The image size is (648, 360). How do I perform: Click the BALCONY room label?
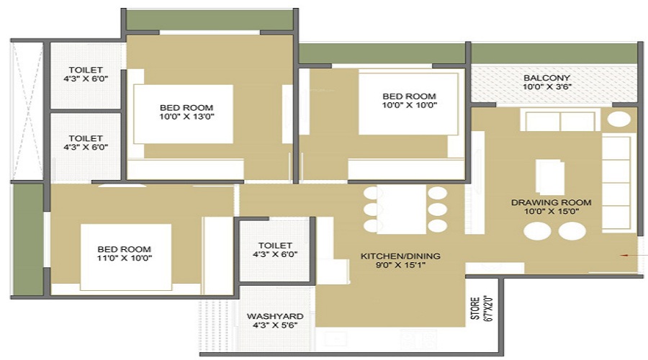(546, 78)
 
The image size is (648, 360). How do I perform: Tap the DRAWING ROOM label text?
(551, 202)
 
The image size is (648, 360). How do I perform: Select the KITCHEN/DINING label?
(400, 256)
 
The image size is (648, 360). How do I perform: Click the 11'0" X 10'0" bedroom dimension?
(125, 258)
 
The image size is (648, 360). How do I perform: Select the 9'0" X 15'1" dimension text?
(400, 266)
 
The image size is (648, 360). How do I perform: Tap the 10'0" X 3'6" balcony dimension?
(546, 88)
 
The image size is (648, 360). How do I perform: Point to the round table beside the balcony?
(618, 119)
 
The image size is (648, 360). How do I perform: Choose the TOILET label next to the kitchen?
(275, 245)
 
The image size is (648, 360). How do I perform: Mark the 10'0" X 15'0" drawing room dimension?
(551, 212)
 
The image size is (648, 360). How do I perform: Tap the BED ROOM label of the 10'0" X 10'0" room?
(409, 96)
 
